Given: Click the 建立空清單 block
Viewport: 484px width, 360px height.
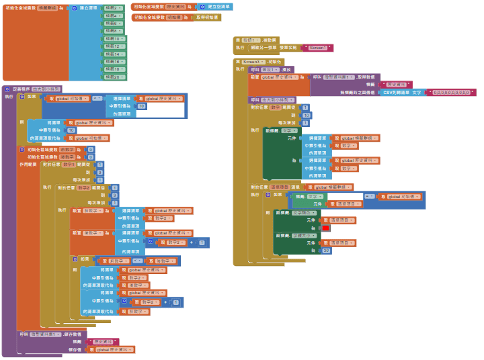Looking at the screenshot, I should [x=218, y=6].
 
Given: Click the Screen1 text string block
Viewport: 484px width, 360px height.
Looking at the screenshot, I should [x=317, y=48].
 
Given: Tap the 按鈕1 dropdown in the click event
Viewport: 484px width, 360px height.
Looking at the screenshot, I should [x=253, y=40].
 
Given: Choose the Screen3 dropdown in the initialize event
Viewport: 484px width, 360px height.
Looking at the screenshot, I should [x=251, y=61].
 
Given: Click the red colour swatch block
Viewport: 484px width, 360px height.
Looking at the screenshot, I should [x=326, y=228].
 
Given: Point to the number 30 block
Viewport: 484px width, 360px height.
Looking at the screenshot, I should [x=326, y=250].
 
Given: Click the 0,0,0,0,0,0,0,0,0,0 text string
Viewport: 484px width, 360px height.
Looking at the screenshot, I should [x=451, y=92].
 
